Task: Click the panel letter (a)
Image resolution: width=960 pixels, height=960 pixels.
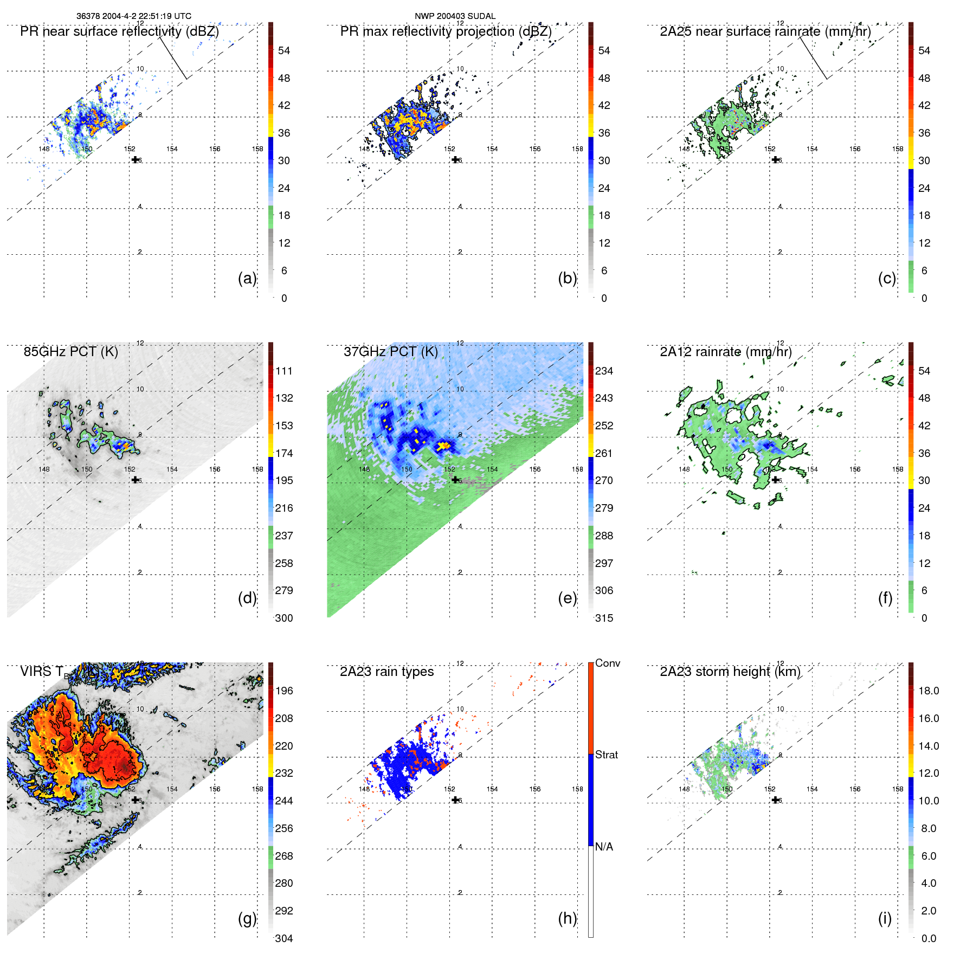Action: coord(247,278)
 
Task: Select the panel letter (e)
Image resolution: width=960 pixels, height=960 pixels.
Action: coord(567,598)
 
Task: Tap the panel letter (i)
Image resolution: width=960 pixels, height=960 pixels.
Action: coord(885,918)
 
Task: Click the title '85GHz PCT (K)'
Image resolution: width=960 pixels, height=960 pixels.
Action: coord(70,351)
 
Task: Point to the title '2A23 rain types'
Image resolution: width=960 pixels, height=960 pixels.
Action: coord(386,672)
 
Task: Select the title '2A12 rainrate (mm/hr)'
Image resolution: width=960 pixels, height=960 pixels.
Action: coord(725,351)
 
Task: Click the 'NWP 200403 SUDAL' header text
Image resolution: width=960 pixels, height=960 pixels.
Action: coord(455,16)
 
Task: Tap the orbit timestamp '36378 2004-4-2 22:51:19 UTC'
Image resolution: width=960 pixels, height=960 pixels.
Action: coord(133,16)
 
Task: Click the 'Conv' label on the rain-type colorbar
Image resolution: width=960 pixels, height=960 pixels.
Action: coord(607,663)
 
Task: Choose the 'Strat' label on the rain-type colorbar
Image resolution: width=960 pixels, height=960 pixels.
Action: coord(606,755)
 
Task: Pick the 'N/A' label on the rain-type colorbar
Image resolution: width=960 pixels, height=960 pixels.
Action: coord(604,846)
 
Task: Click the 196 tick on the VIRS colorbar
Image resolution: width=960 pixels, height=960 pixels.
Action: coord(284,691)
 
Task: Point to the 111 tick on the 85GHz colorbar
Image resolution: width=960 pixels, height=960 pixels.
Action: coord(284,371)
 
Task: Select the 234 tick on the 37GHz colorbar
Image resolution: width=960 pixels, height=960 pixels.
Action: coord(604,371)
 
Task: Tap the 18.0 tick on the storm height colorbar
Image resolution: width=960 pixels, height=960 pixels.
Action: coord(928,691)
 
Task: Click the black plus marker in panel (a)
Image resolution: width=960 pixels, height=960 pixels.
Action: coord(135,159)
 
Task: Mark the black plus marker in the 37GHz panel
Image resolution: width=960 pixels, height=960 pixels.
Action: coord(455,479)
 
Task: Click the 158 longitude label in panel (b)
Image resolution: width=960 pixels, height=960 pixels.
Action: coord(577,149)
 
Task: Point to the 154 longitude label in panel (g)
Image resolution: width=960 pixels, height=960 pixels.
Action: coord(172,789)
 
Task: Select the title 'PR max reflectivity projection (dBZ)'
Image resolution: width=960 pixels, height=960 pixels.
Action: coord(446,31)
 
